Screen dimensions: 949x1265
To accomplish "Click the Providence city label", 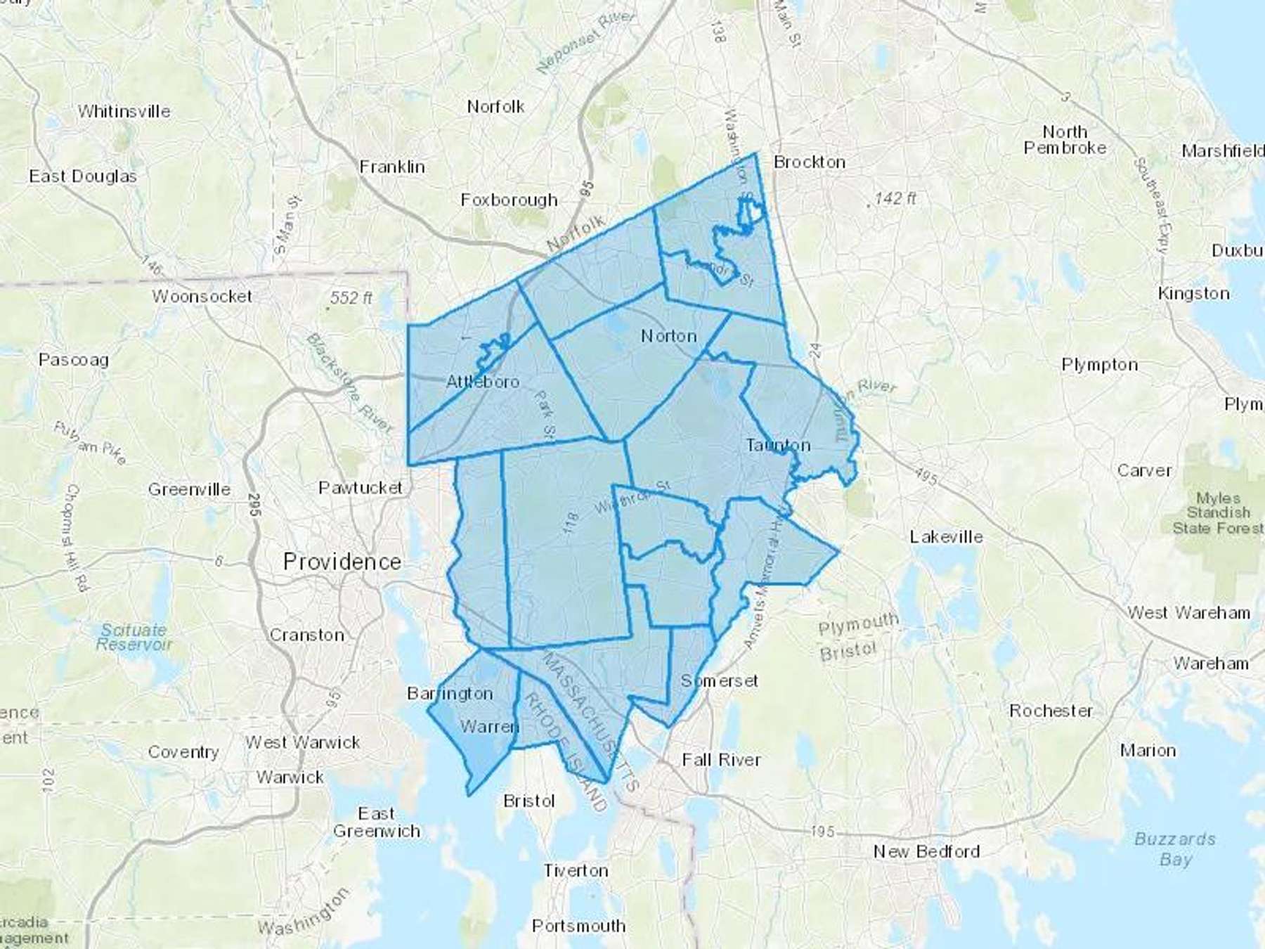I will click(x=342, y=562).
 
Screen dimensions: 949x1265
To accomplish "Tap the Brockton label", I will click(x=809, y=162).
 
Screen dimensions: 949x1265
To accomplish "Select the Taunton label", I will click(x=778, y=446).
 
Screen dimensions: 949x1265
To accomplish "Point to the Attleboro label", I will click(x=483, y=382).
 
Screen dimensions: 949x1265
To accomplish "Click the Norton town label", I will click(x=668, y=336).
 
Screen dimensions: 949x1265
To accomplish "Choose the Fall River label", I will click(x=721, y=760).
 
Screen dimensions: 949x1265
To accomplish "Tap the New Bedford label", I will click(x=926, y=852).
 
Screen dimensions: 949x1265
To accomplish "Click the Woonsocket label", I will click(x=202, y=297).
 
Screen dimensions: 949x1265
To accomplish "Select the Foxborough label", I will click(x=509, y=200).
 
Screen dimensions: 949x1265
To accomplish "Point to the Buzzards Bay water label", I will click(x=1175, y=849).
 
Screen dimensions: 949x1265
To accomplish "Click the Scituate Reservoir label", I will click(x=134, y=637).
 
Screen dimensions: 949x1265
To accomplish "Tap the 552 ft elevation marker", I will click(x=351, y=299).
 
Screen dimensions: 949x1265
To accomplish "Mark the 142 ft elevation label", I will click(x=895, y=199).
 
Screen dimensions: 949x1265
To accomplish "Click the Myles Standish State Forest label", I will click(x=1218, y=513).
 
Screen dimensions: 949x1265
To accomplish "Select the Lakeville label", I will click(x=946, y=537).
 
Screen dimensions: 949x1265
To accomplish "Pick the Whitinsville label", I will click(x=124, y=112).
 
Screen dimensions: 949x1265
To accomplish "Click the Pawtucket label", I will click(x=361, y=488).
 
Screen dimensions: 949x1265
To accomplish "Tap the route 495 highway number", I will click(x=927, y=477).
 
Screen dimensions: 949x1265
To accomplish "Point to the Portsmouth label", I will click(x=578, y=926).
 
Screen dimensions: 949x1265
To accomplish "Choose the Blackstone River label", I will click(x=349, y=383).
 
